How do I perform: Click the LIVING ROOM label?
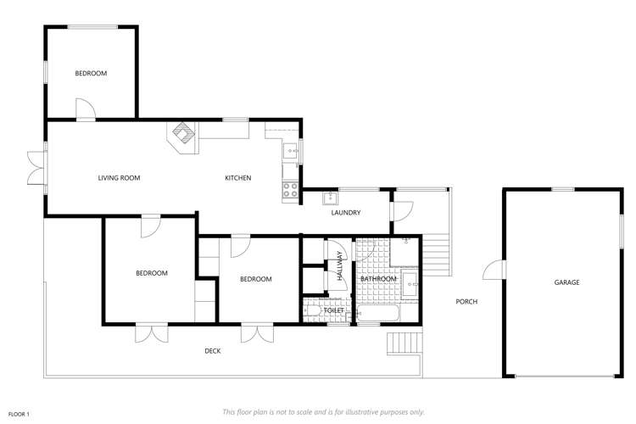[119, 178]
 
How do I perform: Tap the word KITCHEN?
[237, 178]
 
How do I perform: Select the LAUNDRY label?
[346, 213]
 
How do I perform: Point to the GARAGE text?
[566, 282]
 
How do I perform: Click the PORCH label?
[466, 302]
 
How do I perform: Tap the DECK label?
[212, 350]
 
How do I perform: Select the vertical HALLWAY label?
[341, 265]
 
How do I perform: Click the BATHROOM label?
[378, 279]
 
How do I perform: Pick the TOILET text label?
[334, 311]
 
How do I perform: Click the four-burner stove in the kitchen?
[291, 190]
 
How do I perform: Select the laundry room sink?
[331, 199]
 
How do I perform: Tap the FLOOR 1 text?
[19, 414]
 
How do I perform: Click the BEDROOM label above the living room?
[91, 74]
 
